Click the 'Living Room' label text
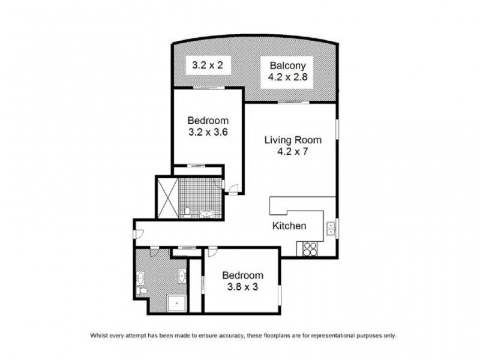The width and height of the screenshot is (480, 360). click(x=293, y=140)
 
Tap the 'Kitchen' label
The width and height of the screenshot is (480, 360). click(x=290, y=226)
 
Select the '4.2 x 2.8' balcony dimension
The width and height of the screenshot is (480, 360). click(x=288, y=77)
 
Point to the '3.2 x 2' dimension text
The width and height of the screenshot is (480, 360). click(x=207, y=65)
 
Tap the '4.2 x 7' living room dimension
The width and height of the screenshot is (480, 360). click(x=293, y=152)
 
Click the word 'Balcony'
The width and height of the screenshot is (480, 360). click(x=288, y=65)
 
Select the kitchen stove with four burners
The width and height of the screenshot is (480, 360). click(x=309, y=248)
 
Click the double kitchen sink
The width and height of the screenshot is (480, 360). click(x=331, y=228)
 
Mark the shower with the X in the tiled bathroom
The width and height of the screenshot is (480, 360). click(x=166, y=197)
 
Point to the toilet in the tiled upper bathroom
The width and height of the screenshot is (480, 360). click(x=187, y=211)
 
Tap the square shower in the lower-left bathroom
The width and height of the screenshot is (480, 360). click(x=176, y=303)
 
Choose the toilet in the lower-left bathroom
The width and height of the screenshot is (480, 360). click(x=141, y=291)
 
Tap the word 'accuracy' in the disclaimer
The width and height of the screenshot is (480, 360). click(x=225, y=335)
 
